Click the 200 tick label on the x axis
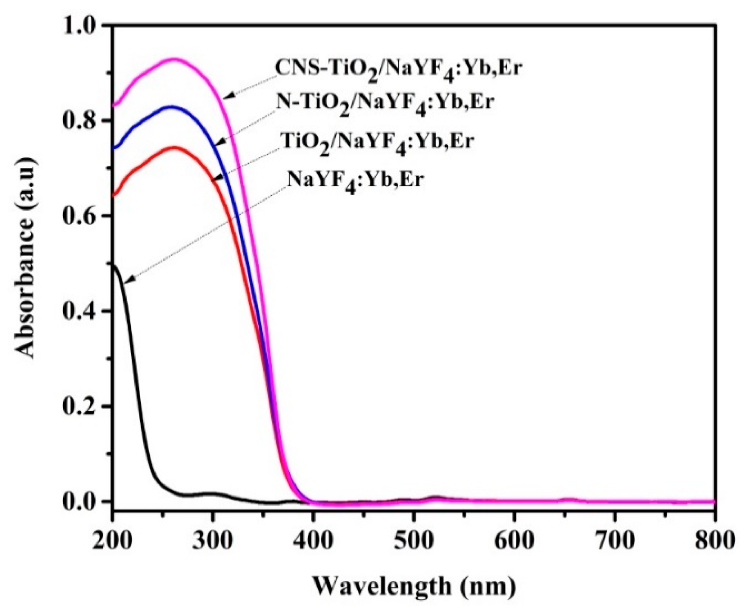click(112, 540)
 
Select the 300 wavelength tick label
click(212, 540)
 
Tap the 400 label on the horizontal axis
click(313, 540)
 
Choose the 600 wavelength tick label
click(514, 540)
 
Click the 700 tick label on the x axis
click(614, 540)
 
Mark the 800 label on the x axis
click(715, 540)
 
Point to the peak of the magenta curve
click(175, 59)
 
